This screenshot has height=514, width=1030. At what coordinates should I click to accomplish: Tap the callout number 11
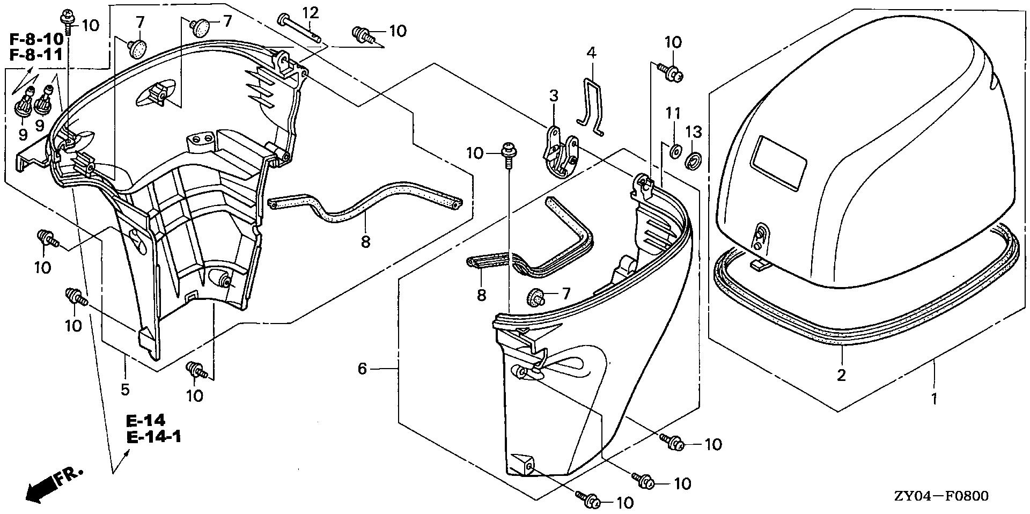click(673, 114)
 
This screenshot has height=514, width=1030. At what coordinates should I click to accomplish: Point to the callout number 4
click(591, 53)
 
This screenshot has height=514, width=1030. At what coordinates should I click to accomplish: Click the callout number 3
click(554, 96)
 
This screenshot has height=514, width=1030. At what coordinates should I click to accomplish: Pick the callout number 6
click(363, 369)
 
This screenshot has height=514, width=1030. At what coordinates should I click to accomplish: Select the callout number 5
click(125, 389)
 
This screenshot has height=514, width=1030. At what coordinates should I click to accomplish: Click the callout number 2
click(841, 375)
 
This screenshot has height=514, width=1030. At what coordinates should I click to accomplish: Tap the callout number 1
click(934, 399)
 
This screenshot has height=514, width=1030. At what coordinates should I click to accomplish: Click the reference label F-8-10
click(36, 40)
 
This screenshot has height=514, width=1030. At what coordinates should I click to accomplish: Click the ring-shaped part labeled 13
click(693, 160)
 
